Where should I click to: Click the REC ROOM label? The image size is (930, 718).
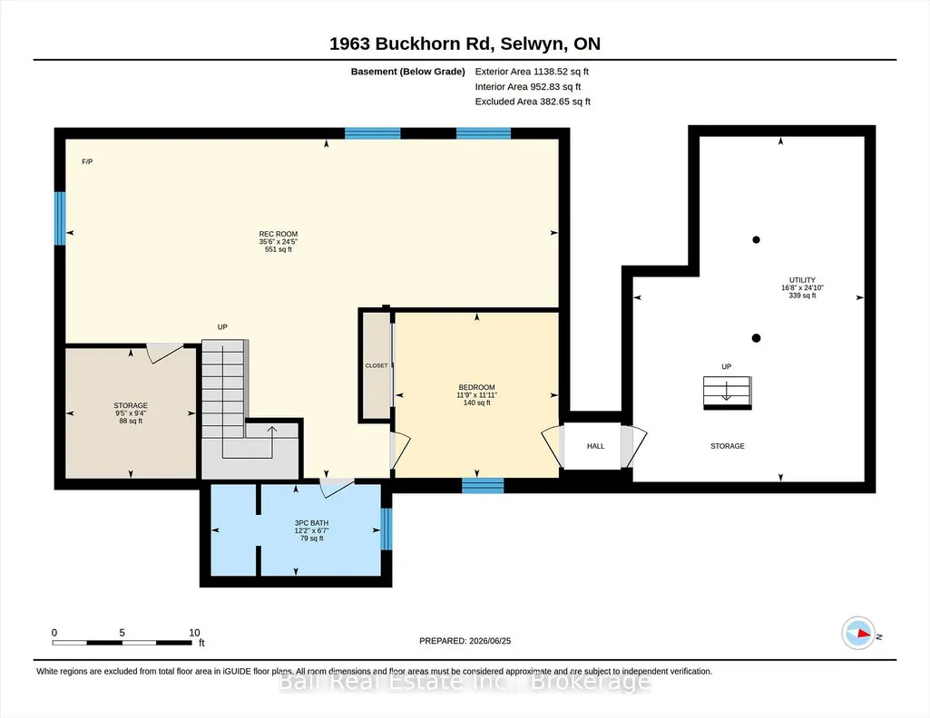[279, 234]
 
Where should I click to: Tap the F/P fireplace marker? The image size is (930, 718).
[87, 161]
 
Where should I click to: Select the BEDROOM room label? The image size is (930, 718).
[476, 387]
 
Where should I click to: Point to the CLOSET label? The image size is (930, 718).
[376, 365]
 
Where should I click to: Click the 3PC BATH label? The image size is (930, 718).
[311, 523]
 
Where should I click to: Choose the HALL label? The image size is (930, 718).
[595, 446]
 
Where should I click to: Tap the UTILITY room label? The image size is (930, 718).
[802, 280]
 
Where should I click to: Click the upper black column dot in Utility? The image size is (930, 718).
[756, 240]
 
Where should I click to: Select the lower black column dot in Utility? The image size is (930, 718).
[756, 338]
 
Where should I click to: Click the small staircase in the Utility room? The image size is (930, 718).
[727, 393]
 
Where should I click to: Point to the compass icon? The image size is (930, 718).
[858, 633]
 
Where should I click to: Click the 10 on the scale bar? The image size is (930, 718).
[194, 633]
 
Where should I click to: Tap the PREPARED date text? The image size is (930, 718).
[465, 641]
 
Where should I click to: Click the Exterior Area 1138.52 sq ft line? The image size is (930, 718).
[532, 72]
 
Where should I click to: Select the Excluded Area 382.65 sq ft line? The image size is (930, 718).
[533, 102]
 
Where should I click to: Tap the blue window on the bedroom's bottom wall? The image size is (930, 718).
[483, 486]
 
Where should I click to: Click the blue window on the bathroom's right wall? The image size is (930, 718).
[387, 529]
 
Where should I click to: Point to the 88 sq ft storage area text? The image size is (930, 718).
[131, 422]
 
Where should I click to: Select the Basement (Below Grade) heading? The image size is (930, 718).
[408, 72]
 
